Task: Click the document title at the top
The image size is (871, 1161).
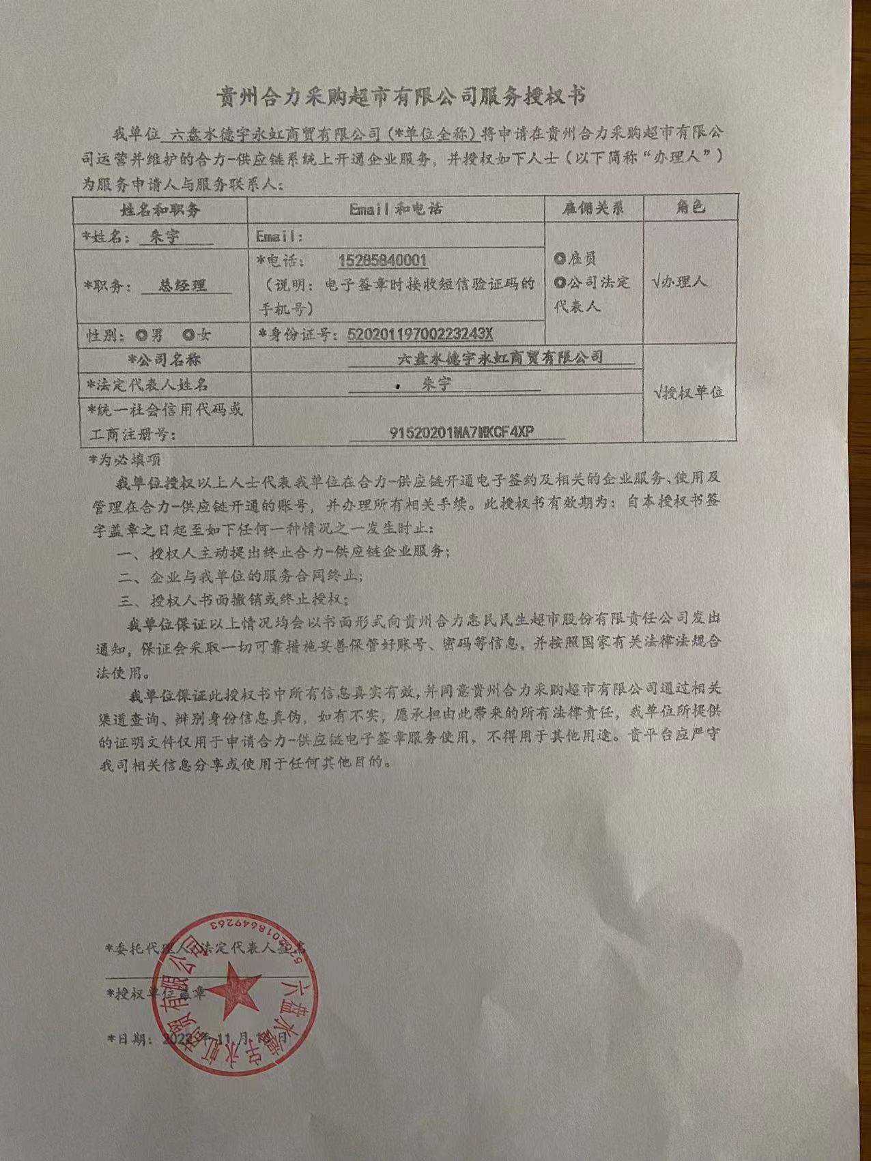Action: pos(401,95)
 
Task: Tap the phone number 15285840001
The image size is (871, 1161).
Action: pos(382,261)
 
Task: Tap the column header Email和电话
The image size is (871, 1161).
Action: pos(395,209)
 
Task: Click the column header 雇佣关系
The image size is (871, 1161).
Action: pos(593,208)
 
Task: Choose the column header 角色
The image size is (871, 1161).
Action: pos(690,207)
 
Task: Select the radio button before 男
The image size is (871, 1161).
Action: pos(141,335)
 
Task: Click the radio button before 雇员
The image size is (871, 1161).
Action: pos(560,259)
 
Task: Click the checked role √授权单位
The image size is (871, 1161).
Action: pos(688,392)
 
